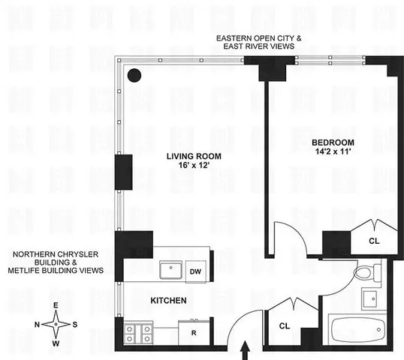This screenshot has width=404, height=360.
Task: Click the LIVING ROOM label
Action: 191,157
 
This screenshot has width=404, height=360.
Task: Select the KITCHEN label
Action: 167,301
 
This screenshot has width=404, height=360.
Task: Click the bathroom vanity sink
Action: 372,299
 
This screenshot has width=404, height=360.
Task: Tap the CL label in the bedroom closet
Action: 374,241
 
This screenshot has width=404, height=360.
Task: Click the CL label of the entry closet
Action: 284,326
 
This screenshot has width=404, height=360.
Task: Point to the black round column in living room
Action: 135,74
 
